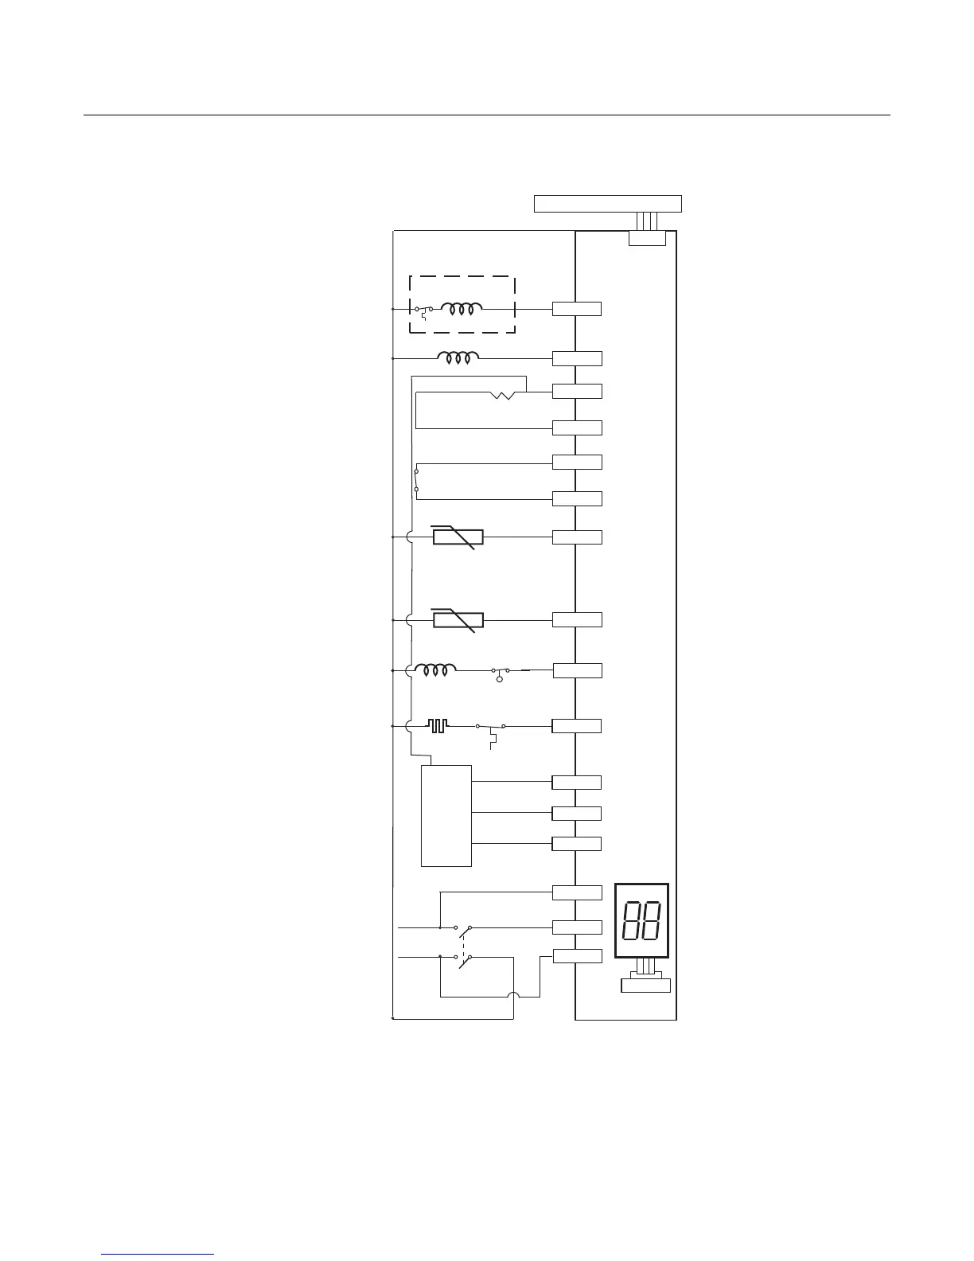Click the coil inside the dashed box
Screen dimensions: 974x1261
pyautogui.click(x=462, y=309)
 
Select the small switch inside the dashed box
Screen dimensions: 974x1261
pyautogui.click(x=424, y=310)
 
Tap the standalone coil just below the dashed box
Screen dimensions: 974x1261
pyautogui.click(x=458, y=359)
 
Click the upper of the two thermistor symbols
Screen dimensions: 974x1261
pyautogui.click(x=458, y=537)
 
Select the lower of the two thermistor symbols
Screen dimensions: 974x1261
pyautogui.click(x=458, y=620)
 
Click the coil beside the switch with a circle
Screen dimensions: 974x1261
pyautogui.click(x=435, y=670)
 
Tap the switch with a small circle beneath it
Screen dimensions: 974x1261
pyautogui.click(x=502, y=672)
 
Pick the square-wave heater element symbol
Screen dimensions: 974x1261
pyautogui.click(x=438, y=726)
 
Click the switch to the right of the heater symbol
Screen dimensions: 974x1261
pyautogui.click(x=490, y=728)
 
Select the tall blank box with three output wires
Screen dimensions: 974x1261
pyautogui.click(x=446, y=815)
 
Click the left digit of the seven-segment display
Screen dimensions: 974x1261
pyautogui.click(x=631, y=921)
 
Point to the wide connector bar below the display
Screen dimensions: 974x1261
pyautogui.click(x=645, y=986)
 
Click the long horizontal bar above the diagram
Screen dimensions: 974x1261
pyautogui.click(x=607, y=203)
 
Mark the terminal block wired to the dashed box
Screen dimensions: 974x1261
pyautogui.click(x=577, y=309)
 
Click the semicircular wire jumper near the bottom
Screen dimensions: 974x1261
pyautogui.click(x=513, y=997)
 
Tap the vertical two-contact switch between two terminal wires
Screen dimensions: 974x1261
pyautogui.click(x=416, y=480)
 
